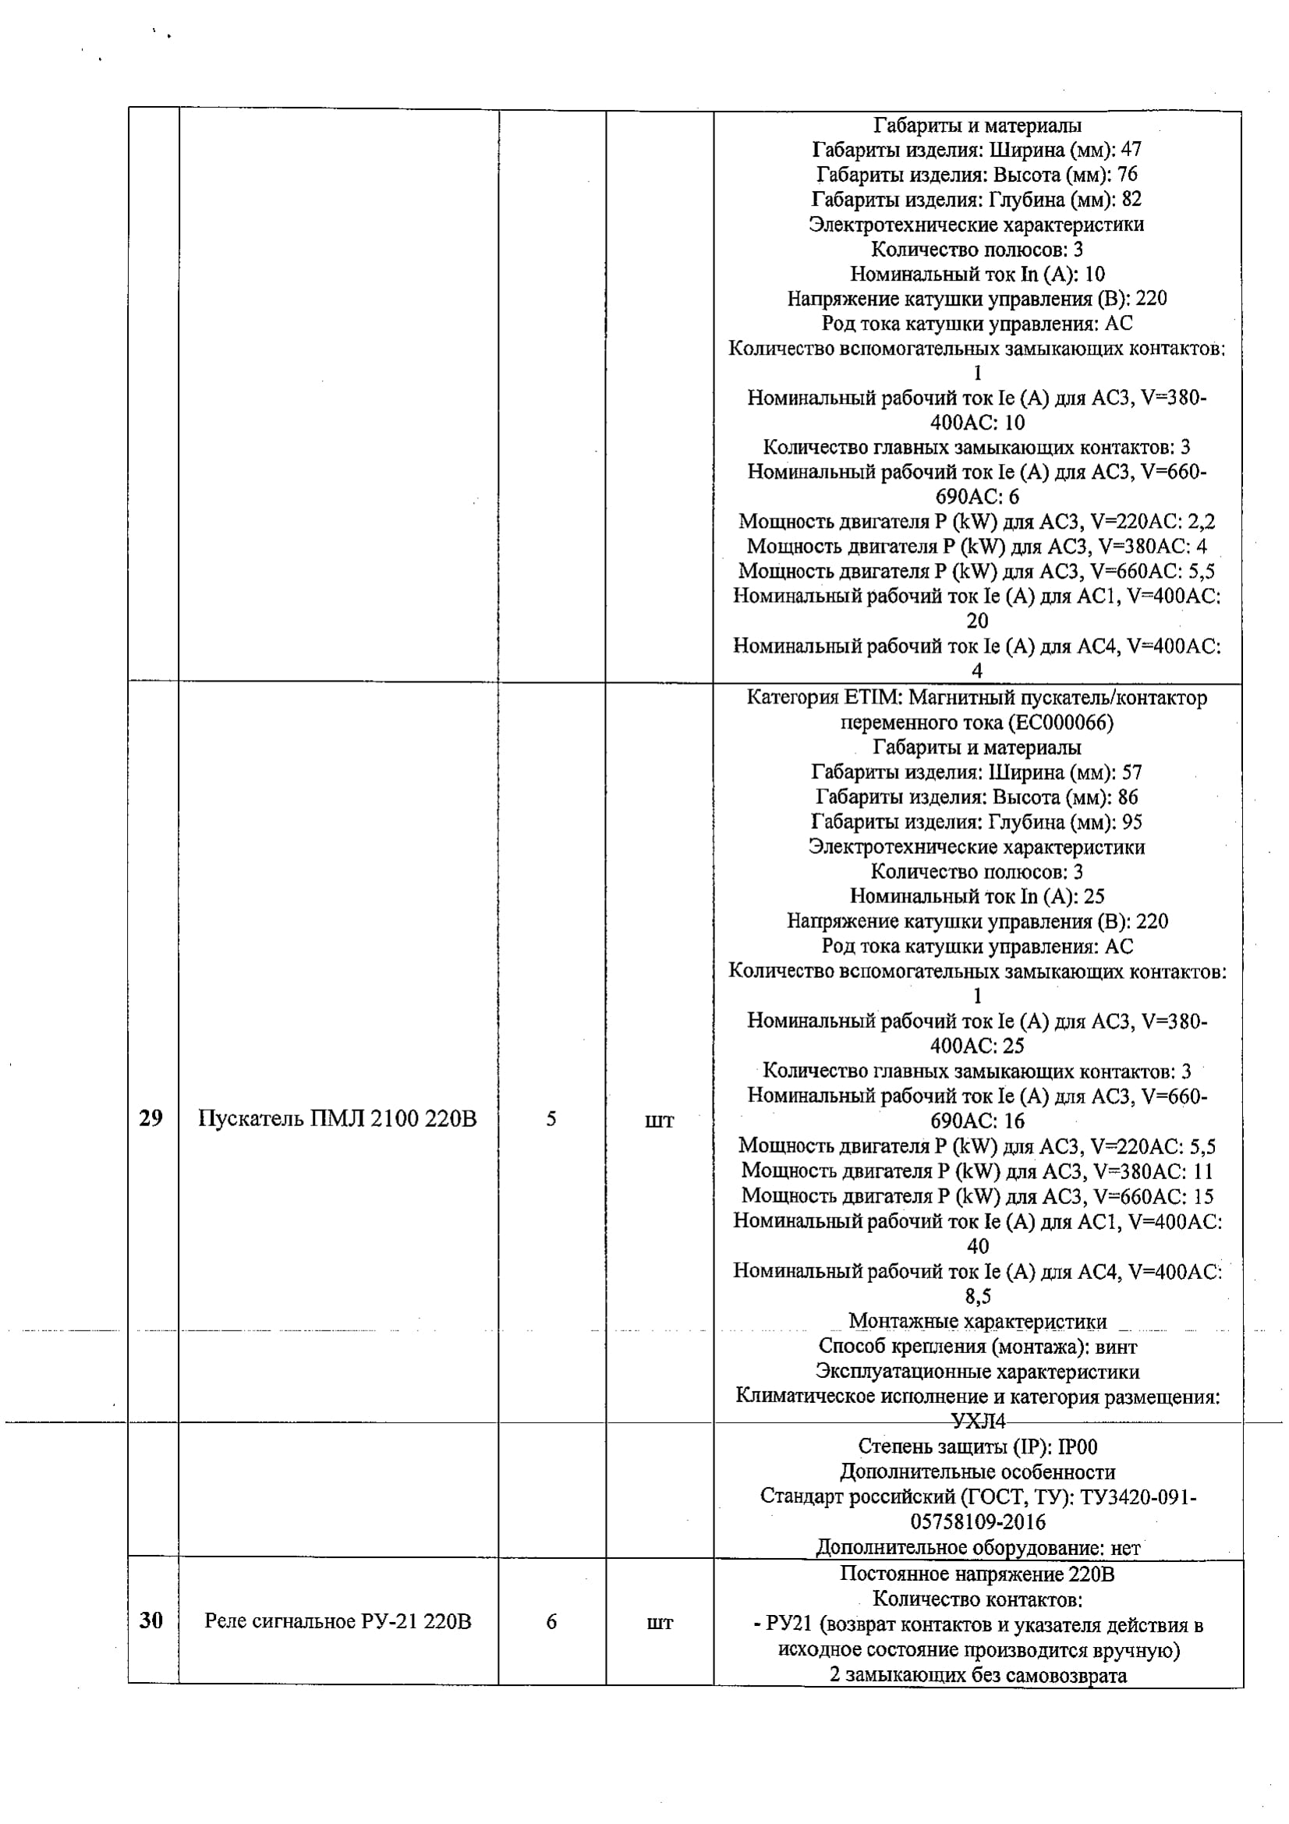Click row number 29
[x=151, y=1118]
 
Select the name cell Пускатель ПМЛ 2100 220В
[x=338, y=1118]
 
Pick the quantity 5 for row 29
[x=551, y=1118]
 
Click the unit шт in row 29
[x=659, y=1120]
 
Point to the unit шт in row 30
[x=659, y=1622]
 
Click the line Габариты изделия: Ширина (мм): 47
[x=977, y=150]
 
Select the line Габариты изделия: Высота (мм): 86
[x=977, y=797]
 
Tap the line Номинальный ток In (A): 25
[x=977, y=896]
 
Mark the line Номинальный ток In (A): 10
[x=977, y=274]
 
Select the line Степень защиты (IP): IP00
[x=978, y=1447]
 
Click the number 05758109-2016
[x=978, y=1521]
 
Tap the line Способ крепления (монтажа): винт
[x=978, y=1347]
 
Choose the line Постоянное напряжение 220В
[x=978, y=1574]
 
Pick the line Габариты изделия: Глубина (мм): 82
[x=977, y=199]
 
